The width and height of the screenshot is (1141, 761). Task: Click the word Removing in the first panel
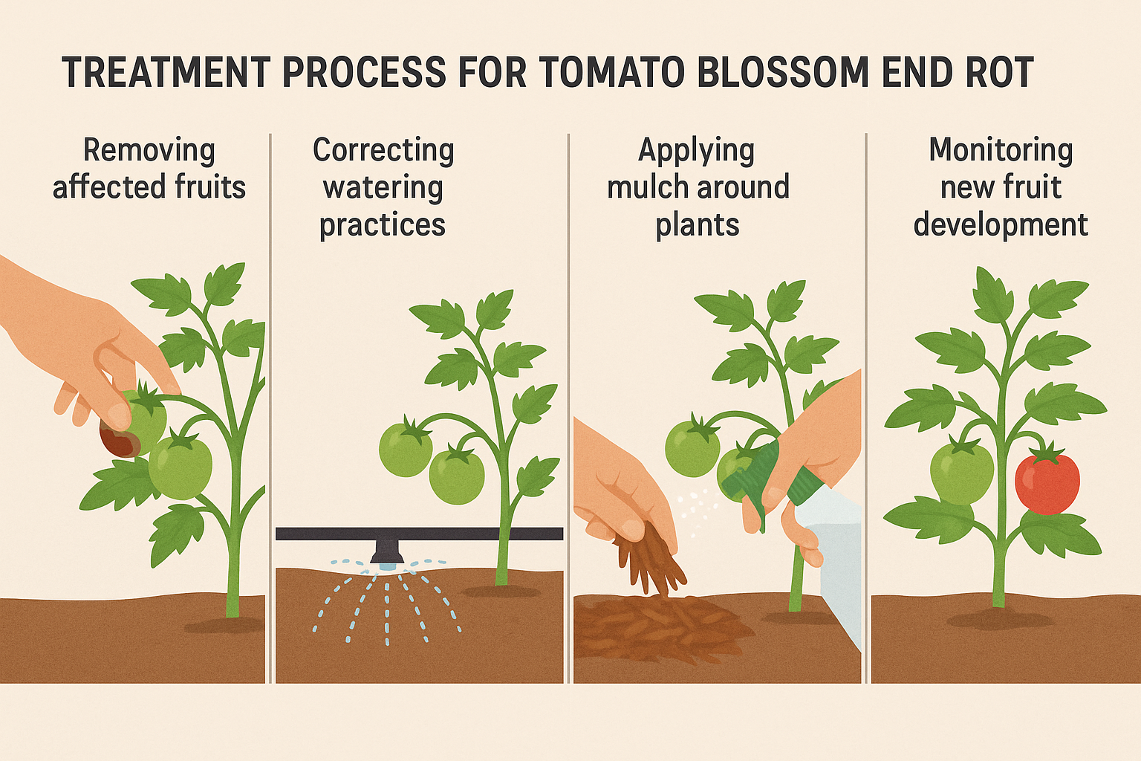tap(149, 150)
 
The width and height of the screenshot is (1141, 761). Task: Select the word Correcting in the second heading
tap(383, 150)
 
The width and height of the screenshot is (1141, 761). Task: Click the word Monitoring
tap(1001, 150)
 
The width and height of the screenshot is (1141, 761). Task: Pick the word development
tap(1001, 224)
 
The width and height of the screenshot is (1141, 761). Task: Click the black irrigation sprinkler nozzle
tap(386, 552)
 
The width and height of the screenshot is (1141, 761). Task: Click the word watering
tap(383, 187)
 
